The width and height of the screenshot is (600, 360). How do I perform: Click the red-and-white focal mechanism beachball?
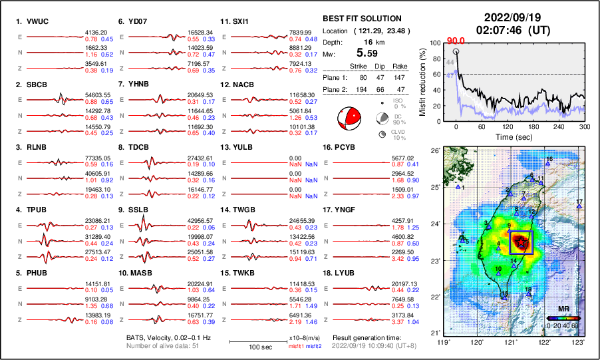pos(349,119)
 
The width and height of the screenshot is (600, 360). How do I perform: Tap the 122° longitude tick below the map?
pos(545,342)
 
